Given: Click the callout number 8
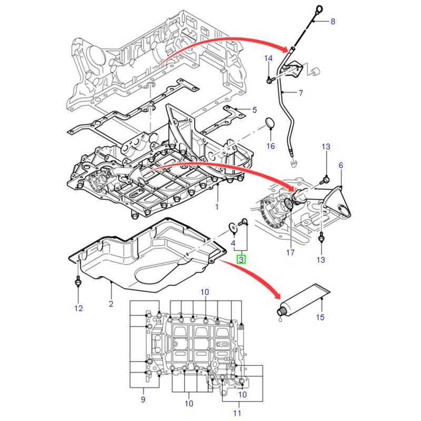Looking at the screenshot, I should click(x=332, y=22).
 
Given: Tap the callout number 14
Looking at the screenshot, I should click(x=268, y=58).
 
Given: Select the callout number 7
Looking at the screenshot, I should click(x=300, y=93).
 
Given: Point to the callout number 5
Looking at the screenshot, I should click(x=254, y=110).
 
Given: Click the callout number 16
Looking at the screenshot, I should click(x=270, y=146).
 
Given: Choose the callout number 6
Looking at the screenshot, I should click(x=340, y=165).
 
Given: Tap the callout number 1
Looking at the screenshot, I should click(x=216, y=207).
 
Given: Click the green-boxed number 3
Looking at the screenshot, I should click(x=241, y=259).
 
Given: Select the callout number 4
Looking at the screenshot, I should click(x=233, y=243).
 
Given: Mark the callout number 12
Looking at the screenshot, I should click(x=78, y=308).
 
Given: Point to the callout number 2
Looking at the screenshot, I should click(x=111, y=304).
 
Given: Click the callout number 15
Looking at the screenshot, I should click(x=320, y=317).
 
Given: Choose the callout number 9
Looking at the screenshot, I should click(x=143, y=400).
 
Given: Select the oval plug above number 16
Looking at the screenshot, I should click(x=270, y=124).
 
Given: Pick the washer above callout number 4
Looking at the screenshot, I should click(x=232, y=227).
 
